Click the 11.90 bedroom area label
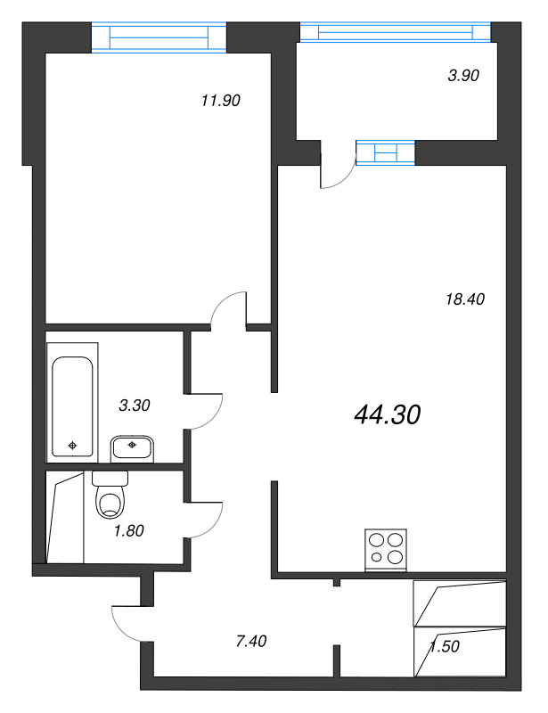click(x=221, y=101)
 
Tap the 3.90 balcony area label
click(x=463, y=76)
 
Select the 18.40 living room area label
click(x=465, y=299)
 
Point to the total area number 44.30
click(x=387, y=414)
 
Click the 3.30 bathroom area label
click(x=135, y=406)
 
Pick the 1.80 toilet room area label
click(x=128, y=530)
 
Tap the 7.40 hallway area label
click(x=251, y=642)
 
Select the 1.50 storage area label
click(x=445, y=646)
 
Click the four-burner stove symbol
click(x=386, y=550)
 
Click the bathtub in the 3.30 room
click(x=72, y=406)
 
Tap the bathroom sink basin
click(x=133, y=448)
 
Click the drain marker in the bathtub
click(x=72, y=446)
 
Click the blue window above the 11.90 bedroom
click(x=159, y=37)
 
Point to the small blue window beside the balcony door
click(x=385, y=152)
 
